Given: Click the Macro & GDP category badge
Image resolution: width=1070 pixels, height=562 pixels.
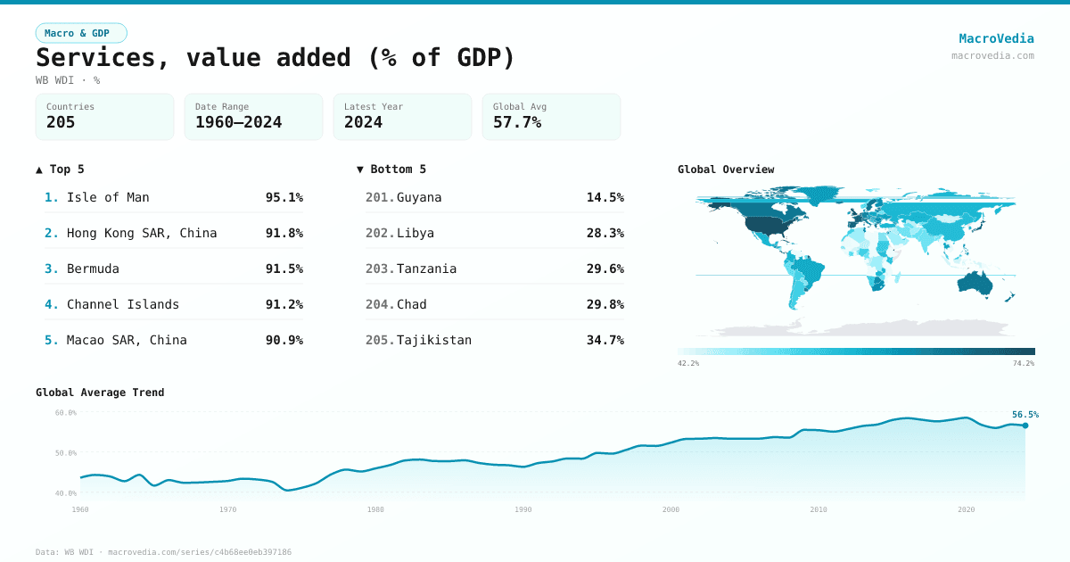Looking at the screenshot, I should tap(81, 33).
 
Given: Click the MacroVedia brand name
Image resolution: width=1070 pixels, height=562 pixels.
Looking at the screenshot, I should tap(996, 38).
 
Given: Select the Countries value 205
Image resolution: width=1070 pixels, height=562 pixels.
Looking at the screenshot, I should tap(61, 122).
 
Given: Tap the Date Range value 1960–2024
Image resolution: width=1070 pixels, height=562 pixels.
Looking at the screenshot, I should tap(238, 122).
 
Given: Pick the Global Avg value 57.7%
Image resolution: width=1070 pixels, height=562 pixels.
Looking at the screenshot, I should tap(517, 122).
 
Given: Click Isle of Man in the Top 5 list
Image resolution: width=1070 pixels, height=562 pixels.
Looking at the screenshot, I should tap(108, 197).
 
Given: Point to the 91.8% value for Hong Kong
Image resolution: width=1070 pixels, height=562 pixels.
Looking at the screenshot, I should tap(284, 233).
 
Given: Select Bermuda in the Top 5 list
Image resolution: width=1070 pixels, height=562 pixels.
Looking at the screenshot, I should tap(93, 269).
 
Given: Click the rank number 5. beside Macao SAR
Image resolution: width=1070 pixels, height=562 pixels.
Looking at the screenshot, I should tap(52, 340).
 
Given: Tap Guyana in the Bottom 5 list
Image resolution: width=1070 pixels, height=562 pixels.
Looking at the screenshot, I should tap(419, 197).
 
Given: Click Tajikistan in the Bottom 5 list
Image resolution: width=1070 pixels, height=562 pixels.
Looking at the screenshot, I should tap(434, 340).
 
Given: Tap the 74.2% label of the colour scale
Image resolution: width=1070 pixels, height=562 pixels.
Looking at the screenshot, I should tap(1024, 363).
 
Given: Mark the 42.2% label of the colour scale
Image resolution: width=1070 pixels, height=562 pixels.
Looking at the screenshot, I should tap(688, 363).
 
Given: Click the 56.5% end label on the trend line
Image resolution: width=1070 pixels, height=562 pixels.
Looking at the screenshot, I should tap(1025, 414).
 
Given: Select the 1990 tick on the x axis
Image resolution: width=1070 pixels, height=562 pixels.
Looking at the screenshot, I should tap(523, 509).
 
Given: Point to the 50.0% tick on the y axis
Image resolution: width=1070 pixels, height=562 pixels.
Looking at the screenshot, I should tap(66, 452).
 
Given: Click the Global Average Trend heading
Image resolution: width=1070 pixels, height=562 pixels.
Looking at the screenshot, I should tap(100, 393).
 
